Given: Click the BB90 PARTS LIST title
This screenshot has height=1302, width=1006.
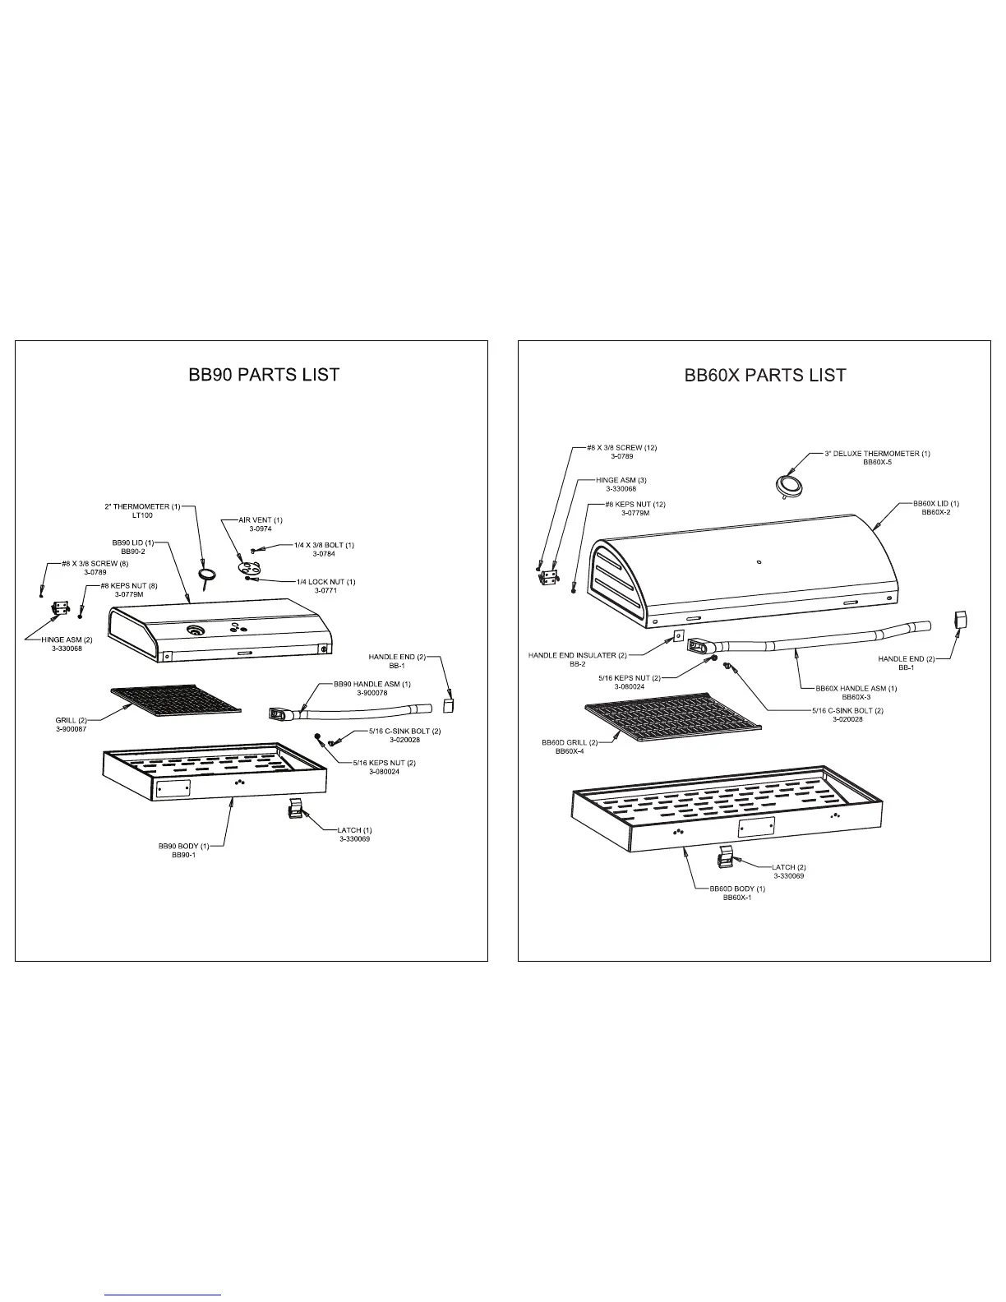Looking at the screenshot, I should click(264, 375).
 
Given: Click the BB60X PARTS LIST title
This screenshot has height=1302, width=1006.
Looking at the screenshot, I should click(765, 376).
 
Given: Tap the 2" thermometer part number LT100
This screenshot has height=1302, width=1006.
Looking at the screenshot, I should click(142, 515).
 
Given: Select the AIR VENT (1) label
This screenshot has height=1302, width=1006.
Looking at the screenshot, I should click(260, 520).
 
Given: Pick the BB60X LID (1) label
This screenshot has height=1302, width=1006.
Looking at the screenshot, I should click(936, 503).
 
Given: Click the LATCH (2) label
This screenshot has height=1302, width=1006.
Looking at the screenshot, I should click(788, 867).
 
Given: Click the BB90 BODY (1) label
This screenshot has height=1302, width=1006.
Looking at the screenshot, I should click(183, 846).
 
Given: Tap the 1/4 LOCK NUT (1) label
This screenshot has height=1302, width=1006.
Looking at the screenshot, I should click(325, 582).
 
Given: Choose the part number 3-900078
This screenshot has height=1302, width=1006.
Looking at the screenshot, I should click(371, 693).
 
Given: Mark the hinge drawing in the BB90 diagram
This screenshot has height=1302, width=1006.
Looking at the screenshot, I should click(59, 608).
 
